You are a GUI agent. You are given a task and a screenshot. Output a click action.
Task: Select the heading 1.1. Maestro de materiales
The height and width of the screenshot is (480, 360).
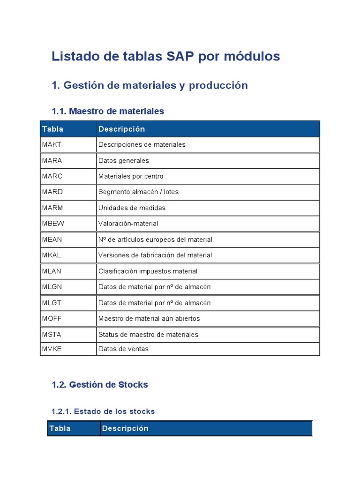[108, 111]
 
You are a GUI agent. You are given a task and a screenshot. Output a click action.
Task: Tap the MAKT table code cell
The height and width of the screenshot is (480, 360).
[52, 144]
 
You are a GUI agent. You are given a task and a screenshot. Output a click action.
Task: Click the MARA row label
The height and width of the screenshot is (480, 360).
[52, 160]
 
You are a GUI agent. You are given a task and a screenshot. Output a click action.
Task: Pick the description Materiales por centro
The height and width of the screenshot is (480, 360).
[131, 176]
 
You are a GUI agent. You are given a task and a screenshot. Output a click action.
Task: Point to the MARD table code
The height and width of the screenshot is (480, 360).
[52, 192]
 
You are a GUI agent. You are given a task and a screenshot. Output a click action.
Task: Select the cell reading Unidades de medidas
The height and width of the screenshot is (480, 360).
[132, 208]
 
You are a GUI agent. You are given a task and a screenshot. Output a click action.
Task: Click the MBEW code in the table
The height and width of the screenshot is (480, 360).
[53, 224]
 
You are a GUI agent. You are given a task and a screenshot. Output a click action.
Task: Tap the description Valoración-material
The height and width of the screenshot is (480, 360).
[128, 224]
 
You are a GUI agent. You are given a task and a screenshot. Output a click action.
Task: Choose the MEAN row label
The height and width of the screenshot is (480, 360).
[52, 240]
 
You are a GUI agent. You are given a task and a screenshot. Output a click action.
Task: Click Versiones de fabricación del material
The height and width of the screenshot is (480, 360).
[155, 255]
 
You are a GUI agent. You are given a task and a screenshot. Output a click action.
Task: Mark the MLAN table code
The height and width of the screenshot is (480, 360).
[52, 271]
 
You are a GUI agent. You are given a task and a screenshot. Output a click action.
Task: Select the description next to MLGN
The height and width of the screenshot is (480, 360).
[154, 287]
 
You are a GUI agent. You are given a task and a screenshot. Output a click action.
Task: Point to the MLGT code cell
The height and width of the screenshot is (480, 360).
[52, 303]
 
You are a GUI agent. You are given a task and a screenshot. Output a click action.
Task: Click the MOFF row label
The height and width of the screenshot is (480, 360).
[52, 318]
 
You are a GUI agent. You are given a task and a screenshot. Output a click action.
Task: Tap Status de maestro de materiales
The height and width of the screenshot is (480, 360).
[148, 334]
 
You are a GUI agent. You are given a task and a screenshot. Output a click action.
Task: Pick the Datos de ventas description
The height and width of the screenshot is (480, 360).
[123, 349]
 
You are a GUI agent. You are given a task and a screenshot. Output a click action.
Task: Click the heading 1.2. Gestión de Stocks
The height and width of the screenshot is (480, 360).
[100, 384]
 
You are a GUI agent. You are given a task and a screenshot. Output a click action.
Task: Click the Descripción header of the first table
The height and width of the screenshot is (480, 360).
[121, 129]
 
